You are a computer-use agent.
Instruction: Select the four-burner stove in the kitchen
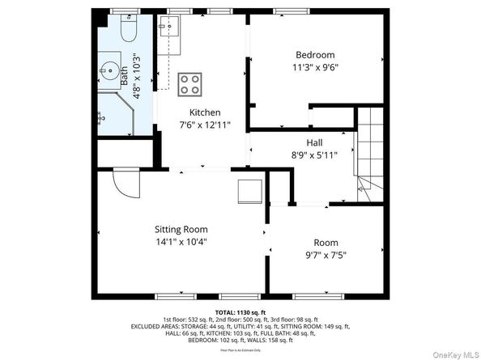tap(191, 83)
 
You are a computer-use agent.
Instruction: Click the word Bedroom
tap(315, 56)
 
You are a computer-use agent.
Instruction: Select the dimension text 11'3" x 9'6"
tap(315, 68)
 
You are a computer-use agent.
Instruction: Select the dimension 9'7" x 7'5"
tap(326, 255)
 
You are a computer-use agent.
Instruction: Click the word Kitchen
tap(205, 112)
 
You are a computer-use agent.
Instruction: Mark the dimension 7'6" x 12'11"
tap(205, 125)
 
